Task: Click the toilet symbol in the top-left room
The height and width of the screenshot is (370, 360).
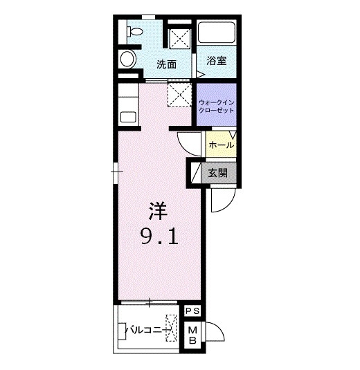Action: pyautogui.click(x=134, y=31)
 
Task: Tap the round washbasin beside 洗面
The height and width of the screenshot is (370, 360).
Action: pyautogui.click(x=128, y=59)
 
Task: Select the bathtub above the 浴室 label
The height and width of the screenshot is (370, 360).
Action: pyautogui.click(x=217, y=33)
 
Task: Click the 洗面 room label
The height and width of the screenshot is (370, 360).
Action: pyautogui.click(x=167, y=64)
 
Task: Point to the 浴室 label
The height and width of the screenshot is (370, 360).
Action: pyautogui.click(x=217, y=61)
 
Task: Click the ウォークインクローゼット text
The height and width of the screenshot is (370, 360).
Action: pyautogui.click(x=217, y=107)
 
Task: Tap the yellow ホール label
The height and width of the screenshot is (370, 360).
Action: pyautogui.click(x=221, y=145)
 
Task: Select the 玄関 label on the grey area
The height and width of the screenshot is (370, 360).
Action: pyautogui.click(x=218, y=173)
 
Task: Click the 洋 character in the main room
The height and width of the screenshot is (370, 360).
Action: pyautogui.click(x=158, y=211)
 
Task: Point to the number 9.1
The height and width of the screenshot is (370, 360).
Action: pyautogui.click(x=159, y=237)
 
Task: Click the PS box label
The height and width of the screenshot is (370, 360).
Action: pyautogui.click(x=192, y=311)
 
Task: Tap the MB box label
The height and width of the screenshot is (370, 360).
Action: pyautogui.click(x=192, y=335)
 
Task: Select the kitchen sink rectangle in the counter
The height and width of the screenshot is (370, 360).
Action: pyautogui.click(x=128, y=117)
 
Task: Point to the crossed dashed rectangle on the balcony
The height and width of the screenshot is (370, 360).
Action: pyautogui.click(x=171, y=328)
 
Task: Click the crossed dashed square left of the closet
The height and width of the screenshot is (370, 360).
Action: pyautogui.click(x=179, y=95)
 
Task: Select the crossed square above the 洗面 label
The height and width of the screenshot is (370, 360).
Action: pyautogui.click(x=180, y=39)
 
